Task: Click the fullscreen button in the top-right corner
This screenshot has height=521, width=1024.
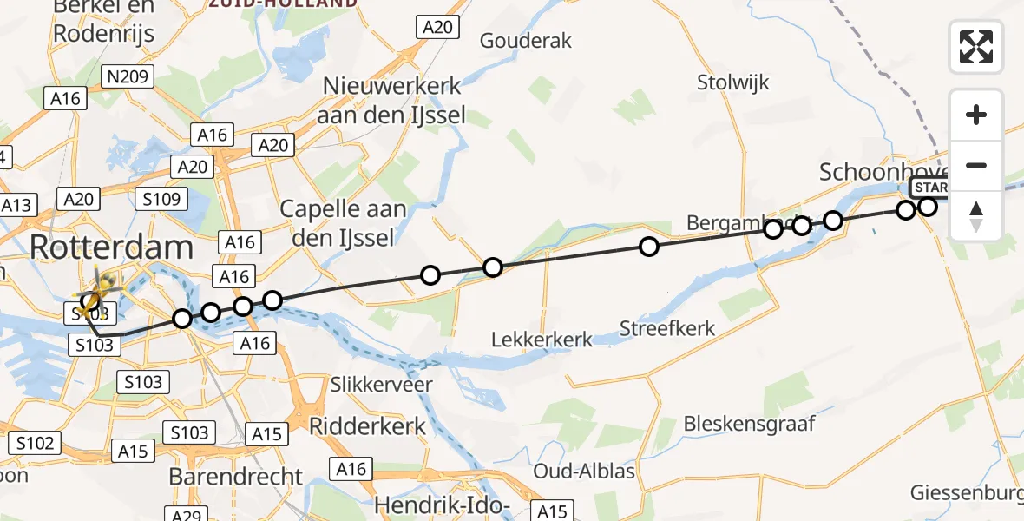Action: [x=976, y=47]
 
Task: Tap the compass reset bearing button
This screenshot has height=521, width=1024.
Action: [x=976, y=216]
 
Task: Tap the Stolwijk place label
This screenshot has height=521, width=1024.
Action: [x=733, y=82]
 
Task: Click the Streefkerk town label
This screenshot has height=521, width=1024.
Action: [x=667, y=328]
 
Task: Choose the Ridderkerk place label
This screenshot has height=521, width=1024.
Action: [x=369, y=426]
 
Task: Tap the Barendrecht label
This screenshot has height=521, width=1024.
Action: [x=235, y=477]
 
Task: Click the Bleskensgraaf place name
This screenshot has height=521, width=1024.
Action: [x=749, y=424]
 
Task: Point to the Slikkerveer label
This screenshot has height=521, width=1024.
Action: [x=382, y=383]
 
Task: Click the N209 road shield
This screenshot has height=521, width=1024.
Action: [x=127, y=76]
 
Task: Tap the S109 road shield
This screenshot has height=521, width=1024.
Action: [x=161, y=200]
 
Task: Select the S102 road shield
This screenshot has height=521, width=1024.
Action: [x=35, y=444]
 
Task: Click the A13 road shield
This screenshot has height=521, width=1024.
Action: [x=16, y=206]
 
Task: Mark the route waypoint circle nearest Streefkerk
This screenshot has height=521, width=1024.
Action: [x=648, y=247]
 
